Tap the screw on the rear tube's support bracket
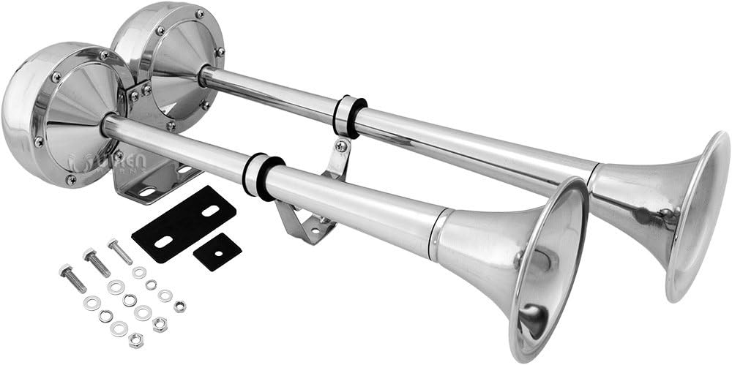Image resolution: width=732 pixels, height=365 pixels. (x=340, y=146)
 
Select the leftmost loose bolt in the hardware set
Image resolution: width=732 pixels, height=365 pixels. (x=73, y=278)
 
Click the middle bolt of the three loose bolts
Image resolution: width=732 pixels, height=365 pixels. (x=97, y=262)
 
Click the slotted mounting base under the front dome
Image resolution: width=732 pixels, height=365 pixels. (x=146, y=187)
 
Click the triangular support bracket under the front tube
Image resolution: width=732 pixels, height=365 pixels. (x=300, y=219)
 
